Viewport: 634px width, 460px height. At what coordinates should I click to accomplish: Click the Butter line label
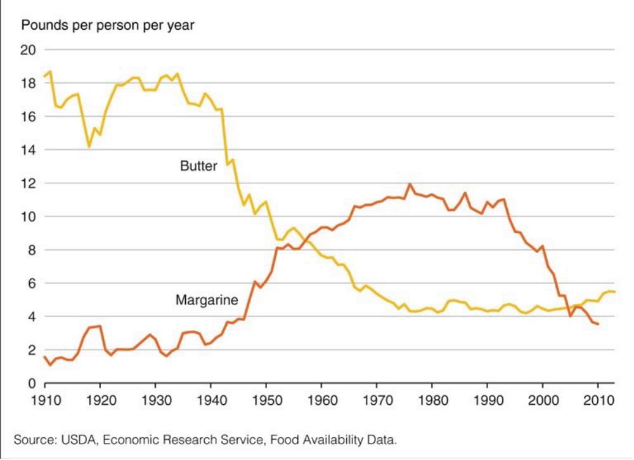tap(198, 166)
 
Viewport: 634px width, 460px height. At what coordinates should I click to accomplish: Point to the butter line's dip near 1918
tap(89, 147)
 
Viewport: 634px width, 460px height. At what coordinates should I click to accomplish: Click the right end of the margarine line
tap(598, 324)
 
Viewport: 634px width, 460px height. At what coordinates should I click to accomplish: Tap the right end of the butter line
tap(614, 291)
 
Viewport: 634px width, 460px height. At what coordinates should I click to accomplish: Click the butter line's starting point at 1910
tap(44, 76)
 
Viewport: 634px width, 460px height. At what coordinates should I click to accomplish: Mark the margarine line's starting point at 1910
tap(44, 357)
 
